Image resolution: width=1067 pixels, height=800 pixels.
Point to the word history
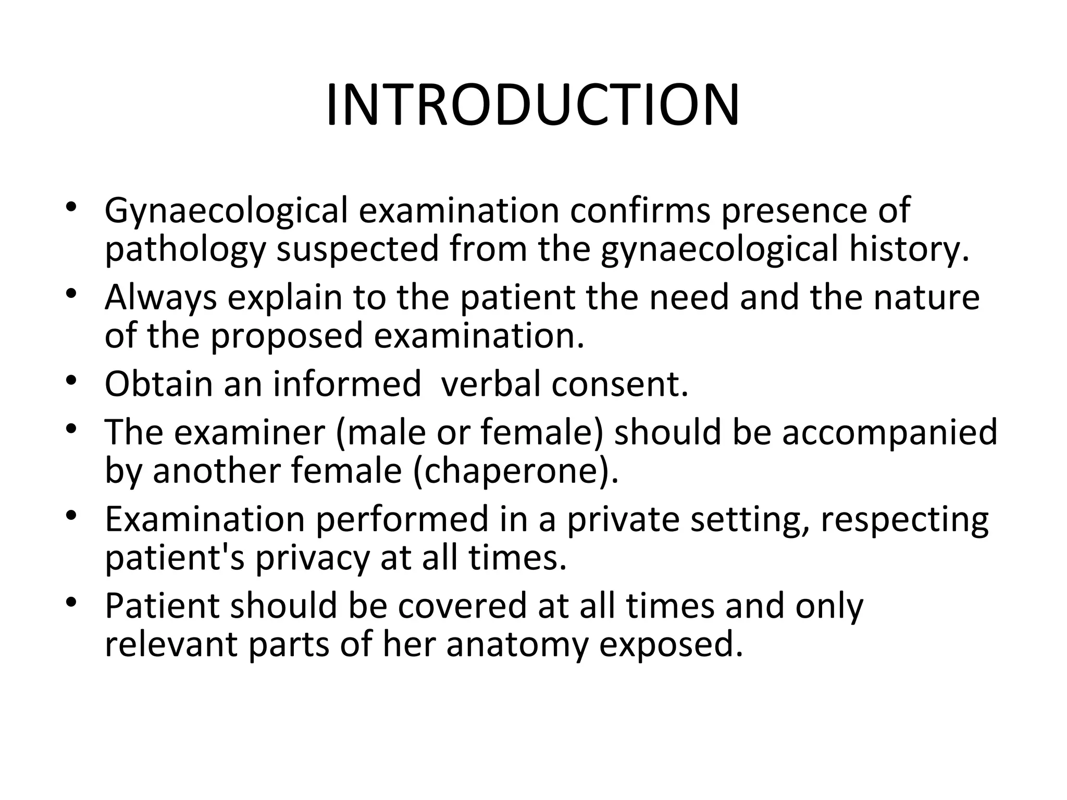[909, 250]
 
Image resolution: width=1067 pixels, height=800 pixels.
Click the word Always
[160, 298]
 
